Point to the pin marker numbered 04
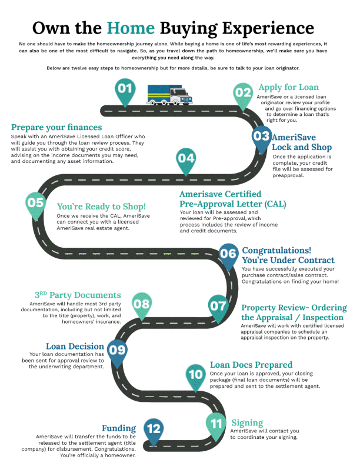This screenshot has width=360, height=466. (x=186, y=159)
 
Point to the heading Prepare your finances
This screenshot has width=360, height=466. (x=56, y=127)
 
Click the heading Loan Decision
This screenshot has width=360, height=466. (x=75, y=347)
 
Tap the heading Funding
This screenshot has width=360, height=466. (x=119, y=428)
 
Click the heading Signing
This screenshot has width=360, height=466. (x=247, y=423)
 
